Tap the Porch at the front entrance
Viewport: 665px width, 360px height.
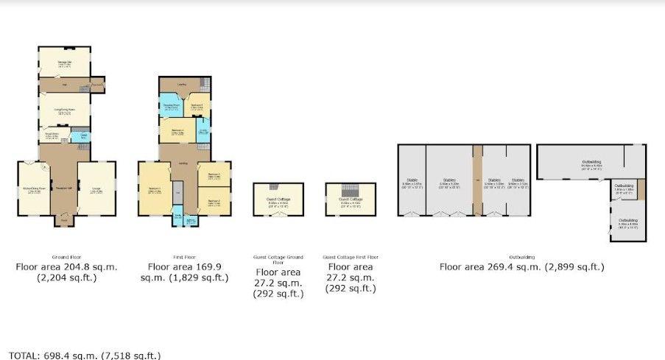click(64, 219)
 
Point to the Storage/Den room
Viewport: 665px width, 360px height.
click(64, 62)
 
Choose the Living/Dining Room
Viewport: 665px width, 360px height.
click(65, 111)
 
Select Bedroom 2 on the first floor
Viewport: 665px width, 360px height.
click(214, 201)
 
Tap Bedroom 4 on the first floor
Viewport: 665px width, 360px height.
click(177, 132)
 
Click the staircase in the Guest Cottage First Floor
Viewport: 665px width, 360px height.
click(351, 190)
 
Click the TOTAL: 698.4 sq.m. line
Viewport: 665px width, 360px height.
click(81, 355)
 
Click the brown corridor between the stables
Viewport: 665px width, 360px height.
click(477, 180)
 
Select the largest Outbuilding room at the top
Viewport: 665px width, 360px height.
click(589, 162)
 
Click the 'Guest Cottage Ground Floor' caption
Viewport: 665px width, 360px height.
click(278, 259)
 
